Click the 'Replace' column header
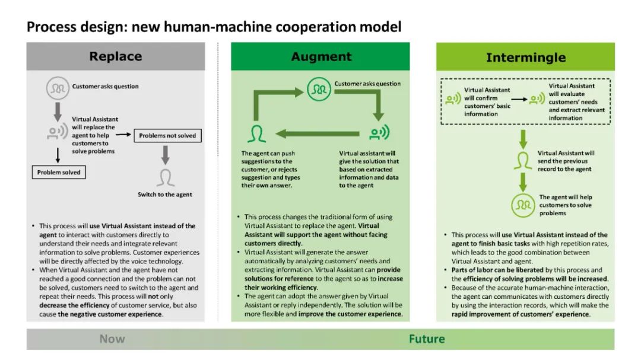click(115, 57)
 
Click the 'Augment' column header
click(321, 57)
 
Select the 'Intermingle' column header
click(525, 58)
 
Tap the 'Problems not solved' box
click(167, 136)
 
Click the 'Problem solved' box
click(58, 173)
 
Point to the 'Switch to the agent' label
click(165, 195)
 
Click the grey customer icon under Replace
click(58, 88)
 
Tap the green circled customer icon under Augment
click(319, 89)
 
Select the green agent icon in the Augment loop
click(258, 133)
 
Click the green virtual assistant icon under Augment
click(378, 133)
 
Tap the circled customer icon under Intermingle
click(522, 205)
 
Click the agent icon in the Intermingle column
click(522, 160)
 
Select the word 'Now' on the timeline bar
click(112, 339)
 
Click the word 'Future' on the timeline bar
click(426, 339)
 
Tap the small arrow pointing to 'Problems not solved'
click(123, 135)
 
